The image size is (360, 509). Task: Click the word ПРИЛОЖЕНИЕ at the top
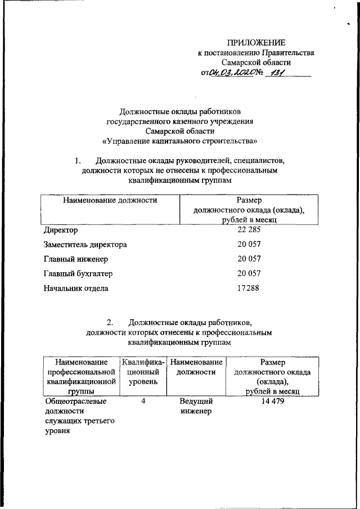click(x=256, y=43)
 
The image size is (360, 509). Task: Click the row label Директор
click(x=61, y=230)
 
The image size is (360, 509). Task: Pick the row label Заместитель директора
click(x=85, y=245)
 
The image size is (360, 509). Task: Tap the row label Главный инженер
click(x=75, y=259)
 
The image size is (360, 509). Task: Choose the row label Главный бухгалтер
click(x=78, y=274)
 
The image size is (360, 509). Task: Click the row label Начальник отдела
click(x=76, y=289)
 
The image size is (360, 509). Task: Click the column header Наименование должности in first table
click(x=110, y=200)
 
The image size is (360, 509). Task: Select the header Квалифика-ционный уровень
click(x=143, y=372)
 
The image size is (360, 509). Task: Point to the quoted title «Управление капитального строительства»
click(x=180, y=141)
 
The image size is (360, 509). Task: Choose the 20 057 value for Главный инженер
click(x=249, y=259)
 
